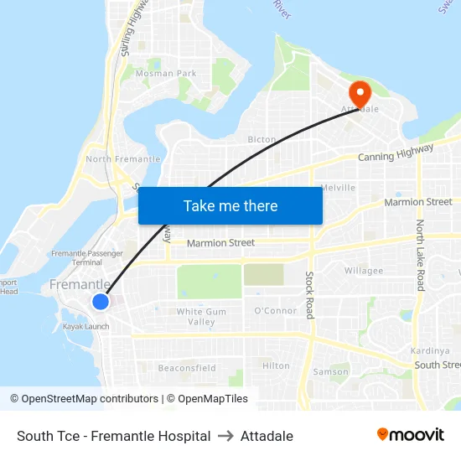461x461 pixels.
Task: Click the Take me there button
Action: (230, 205)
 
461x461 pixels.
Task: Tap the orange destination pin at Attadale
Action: (360, 93)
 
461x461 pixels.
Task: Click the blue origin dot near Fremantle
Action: (101, 302)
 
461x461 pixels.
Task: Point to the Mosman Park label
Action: (166, 74)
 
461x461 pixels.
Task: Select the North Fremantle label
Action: (123, 159)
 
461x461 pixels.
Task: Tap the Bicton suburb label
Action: (262, 139)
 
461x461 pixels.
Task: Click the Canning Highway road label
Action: (396, 153)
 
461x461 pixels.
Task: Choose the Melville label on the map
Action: (339, 188)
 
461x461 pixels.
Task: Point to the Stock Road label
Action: (309, 294)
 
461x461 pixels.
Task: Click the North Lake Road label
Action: (420, 256)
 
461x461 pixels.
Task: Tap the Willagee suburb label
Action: (364, 271)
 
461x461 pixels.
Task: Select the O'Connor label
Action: (275, 311)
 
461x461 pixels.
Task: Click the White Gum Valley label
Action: (201, 317)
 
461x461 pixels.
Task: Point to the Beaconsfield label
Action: (187, 368)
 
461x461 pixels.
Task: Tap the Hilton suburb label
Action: (276, 366)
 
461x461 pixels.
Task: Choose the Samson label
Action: (330, 371)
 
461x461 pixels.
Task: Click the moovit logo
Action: (410, 435)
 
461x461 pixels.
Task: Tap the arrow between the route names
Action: (225, 436)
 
